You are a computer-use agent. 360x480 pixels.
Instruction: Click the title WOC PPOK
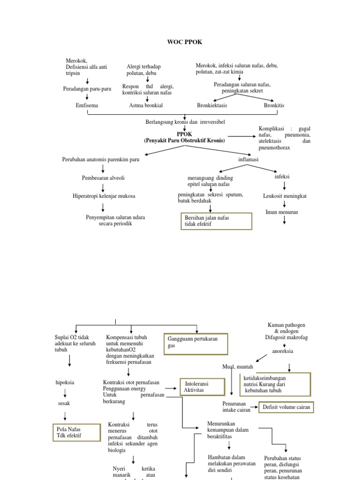pyautogui.click(x=185, y=42)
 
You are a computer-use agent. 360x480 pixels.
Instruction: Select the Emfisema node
pyautogui.click(x=87, y=105)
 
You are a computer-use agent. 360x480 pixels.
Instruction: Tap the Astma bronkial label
pyautogui.click(x=146, y=105)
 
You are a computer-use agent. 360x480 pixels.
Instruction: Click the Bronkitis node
pyautogui.click(x=274, y=105)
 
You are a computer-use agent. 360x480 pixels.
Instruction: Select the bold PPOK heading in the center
pyautogui.click(x=184, y=134)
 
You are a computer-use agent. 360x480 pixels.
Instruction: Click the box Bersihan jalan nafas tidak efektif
pyautogui.click(x=216, y=221)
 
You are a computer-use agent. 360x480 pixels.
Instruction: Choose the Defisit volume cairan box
pyautogui.click(x=286, y=407)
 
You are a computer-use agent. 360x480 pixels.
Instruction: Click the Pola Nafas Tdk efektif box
pyautogui.click(x=76, y=433)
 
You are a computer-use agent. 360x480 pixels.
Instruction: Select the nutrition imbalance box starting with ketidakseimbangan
pyautogui.click(x=275, y=384)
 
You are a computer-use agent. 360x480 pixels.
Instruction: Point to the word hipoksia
pyautogui.click(x=65, y=382)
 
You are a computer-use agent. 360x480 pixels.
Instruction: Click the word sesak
pyautogui.click(x=64, y=403)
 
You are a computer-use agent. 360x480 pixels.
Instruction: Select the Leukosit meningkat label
pyautogui.click(x=285, y=196)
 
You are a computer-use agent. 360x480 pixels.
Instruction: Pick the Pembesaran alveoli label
pyautogui.click(x=103, y=178)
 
